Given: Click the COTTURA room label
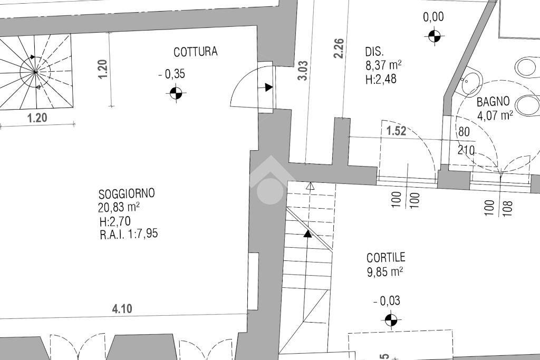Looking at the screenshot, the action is [195, 52].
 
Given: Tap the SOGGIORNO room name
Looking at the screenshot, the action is [127, 193].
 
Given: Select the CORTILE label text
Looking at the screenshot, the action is [386, 257].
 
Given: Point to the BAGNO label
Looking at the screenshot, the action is [493, 102].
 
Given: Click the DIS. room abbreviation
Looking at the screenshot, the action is [374, 52].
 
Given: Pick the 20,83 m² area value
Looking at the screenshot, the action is [119, 207].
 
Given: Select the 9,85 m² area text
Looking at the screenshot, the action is [385, 271].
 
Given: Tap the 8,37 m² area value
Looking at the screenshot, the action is [383, 65].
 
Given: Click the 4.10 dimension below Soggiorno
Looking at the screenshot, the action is [122, 309].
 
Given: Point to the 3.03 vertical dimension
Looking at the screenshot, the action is [303, 70].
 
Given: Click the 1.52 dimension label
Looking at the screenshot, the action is [397, 131].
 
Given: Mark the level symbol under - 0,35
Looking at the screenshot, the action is [176, 93].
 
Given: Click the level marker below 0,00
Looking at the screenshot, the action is [434, 36].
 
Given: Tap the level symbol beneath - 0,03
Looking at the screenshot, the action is [391, 319].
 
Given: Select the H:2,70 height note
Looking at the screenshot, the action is [114, 221].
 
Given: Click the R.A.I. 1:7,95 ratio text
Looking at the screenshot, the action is [129, 234].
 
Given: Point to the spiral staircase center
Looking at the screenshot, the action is [35, 71].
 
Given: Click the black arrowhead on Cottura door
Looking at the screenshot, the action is [269, 87].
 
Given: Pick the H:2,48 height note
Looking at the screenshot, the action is [380, 80].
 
